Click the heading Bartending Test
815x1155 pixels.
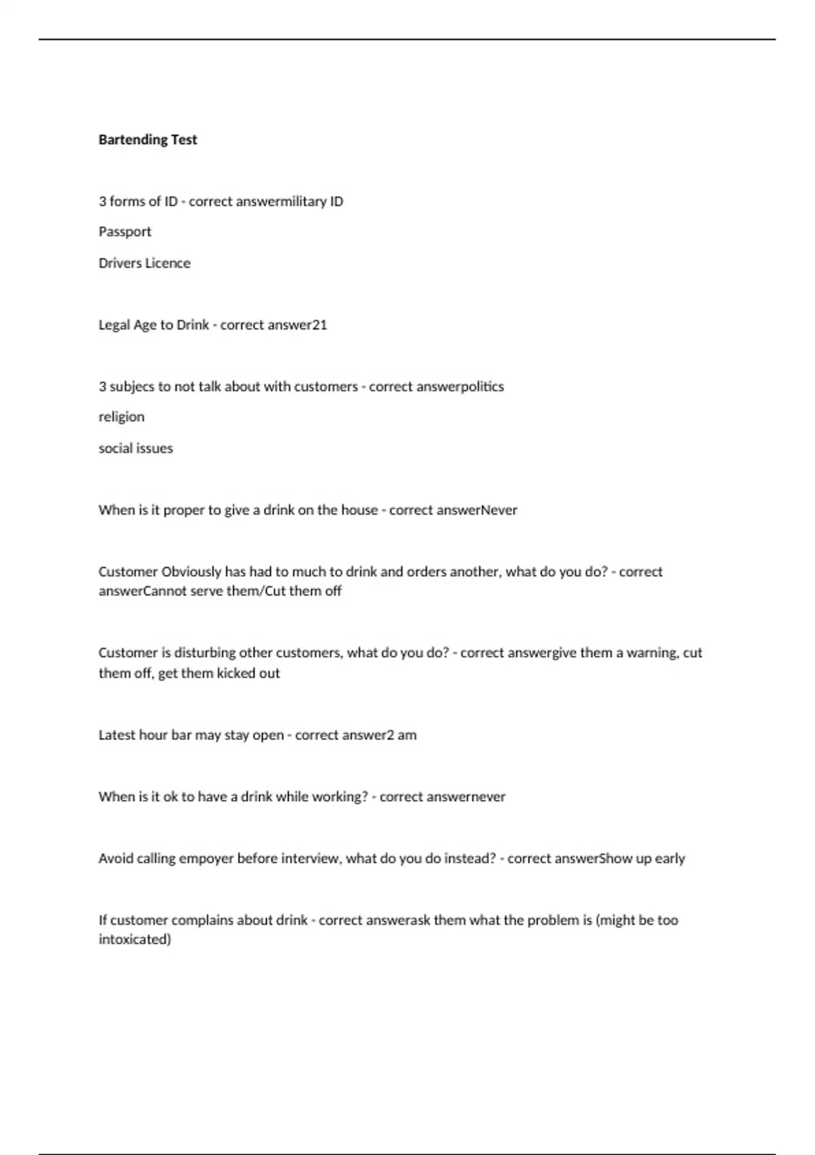(x=147, y=139)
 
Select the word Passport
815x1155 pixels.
(x=125, y=232)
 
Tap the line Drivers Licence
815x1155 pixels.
(x=144, y=263)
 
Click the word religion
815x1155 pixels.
(x=122, y=416)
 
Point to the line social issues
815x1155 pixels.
(x=136, y=448)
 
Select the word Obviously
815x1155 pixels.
(x=192, y=571)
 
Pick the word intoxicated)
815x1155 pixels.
(x=134, y=939)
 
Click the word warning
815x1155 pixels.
(x=652, y=652)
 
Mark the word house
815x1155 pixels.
(x=359, y=510)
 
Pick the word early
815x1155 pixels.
(x=670, y=858)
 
